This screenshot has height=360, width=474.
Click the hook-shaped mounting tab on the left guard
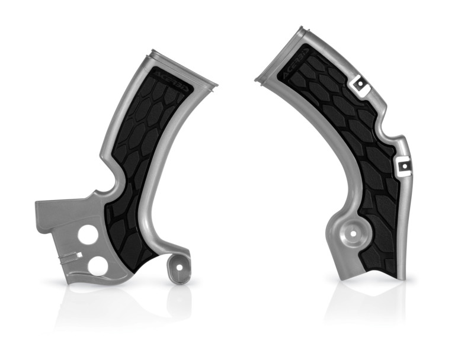[x=180, y=269]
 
